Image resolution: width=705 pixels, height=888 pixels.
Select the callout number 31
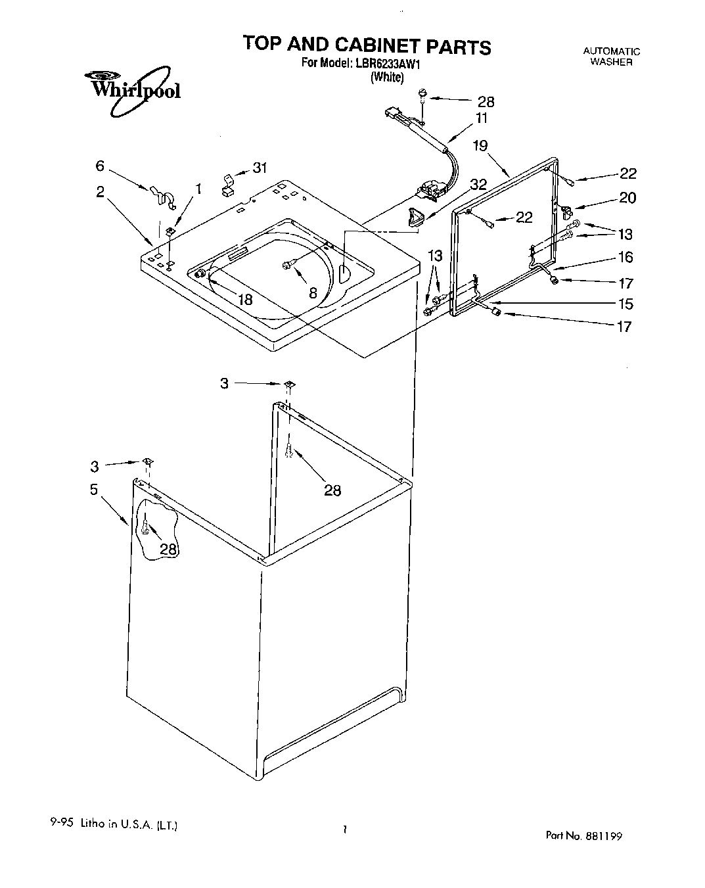260,168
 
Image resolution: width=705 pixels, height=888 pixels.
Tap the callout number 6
100,166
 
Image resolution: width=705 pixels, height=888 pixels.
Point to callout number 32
478,185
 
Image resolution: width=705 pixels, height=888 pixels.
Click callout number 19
480,145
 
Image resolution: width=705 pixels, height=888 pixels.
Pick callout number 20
627,198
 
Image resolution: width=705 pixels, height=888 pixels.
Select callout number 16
625,256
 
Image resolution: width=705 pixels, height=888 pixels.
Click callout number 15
625,304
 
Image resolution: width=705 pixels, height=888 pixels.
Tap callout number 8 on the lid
313,293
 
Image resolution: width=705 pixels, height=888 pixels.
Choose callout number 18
245,300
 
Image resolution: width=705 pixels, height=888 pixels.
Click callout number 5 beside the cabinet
94,489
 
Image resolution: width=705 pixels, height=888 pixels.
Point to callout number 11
482,118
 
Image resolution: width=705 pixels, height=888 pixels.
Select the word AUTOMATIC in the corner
611,51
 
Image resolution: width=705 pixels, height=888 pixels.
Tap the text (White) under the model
387,77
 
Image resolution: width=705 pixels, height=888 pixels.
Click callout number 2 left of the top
100,192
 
